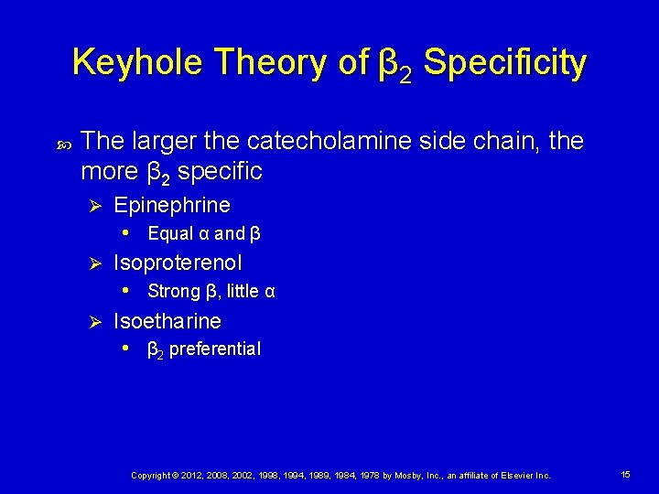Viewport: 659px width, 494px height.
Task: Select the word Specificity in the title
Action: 504,63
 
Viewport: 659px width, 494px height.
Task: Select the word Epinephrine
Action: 172,205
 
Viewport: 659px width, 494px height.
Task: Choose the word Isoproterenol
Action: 178,263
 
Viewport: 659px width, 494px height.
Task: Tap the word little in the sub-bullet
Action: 242,292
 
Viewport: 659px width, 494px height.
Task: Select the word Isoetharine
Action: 167,321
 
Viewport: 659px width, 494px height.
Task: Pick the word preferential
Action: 215,349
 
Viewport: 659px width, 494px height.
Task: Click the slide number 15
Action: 625,475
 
